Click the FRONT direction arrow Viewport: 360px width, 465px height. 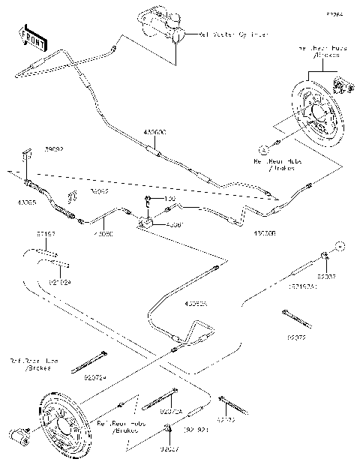click(31, 37)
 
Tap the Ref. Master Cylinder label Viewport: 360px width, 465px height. click(233, 34)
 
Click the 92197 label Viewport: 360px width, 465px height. click(46, 234)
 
